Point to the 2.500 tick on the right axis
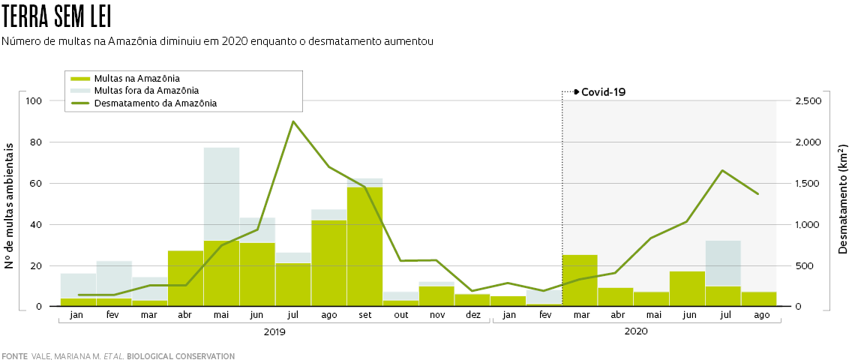[x=808, y=101]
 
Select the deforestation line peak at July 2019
[x=293, y=121]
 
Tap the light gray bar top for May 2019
[x=221, y=148]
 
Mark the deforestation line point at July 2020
[x=722, y=170]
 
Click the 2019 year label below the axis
[x=274, y=331]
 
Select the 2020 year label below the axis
[x=636, y=331]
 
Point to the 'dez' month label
[x=472, y=315]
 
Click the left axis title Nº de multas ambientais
[x=10, y=203]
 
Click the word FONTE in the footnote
[x=14, y=356]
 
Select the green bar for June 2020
[x=687, y=289]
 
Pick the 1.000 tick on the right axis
[x=808, y=225]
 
